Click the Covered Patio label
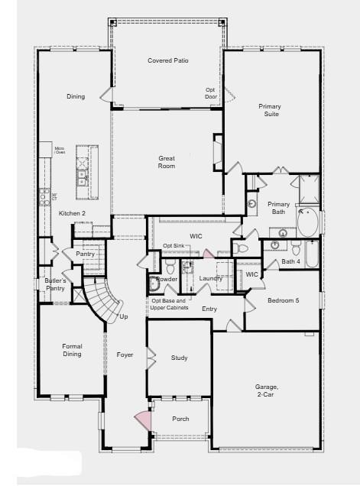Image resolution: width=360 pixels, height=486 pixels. click(167, 60)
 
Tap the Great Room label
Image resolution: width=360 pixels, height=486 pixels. click(167, 162)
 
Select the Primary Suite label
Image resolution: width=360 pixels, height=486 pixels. click(268, 110)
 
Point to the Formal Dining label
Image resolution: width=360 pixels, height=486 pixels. click(72, 350)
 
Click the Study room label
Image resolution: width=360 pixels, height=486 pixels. click(180, 358)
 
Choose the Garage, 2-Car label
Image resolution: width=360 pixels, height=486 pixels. click(267, 391)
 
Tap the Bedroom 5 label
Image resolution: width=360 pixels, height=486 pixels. click(284, 300)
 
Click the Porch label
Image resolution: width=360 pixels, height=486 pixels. click(180, 419)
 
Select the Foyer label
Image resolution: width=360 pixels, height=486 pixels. click(125, 355)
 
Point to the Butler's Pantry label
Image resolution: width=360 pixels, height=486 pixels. click(54, 285)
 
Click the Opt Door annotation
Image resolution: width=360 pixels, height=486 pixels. click(211, 93)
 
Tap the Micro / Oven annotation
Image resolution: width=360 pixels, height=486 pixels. click(59, 151)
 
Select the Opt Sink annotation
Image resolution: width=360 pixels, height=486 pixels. click(173, 245)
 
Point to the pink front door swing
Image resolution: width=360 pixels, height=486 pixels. click(141, 419)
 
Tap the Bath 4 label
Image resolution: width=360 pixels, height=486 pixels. click(290, 262)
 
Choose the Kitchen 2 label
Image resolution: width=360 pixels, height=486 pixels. click(72, 213)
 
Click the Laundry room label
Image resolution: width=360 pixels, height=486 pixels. click(210, 278)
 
